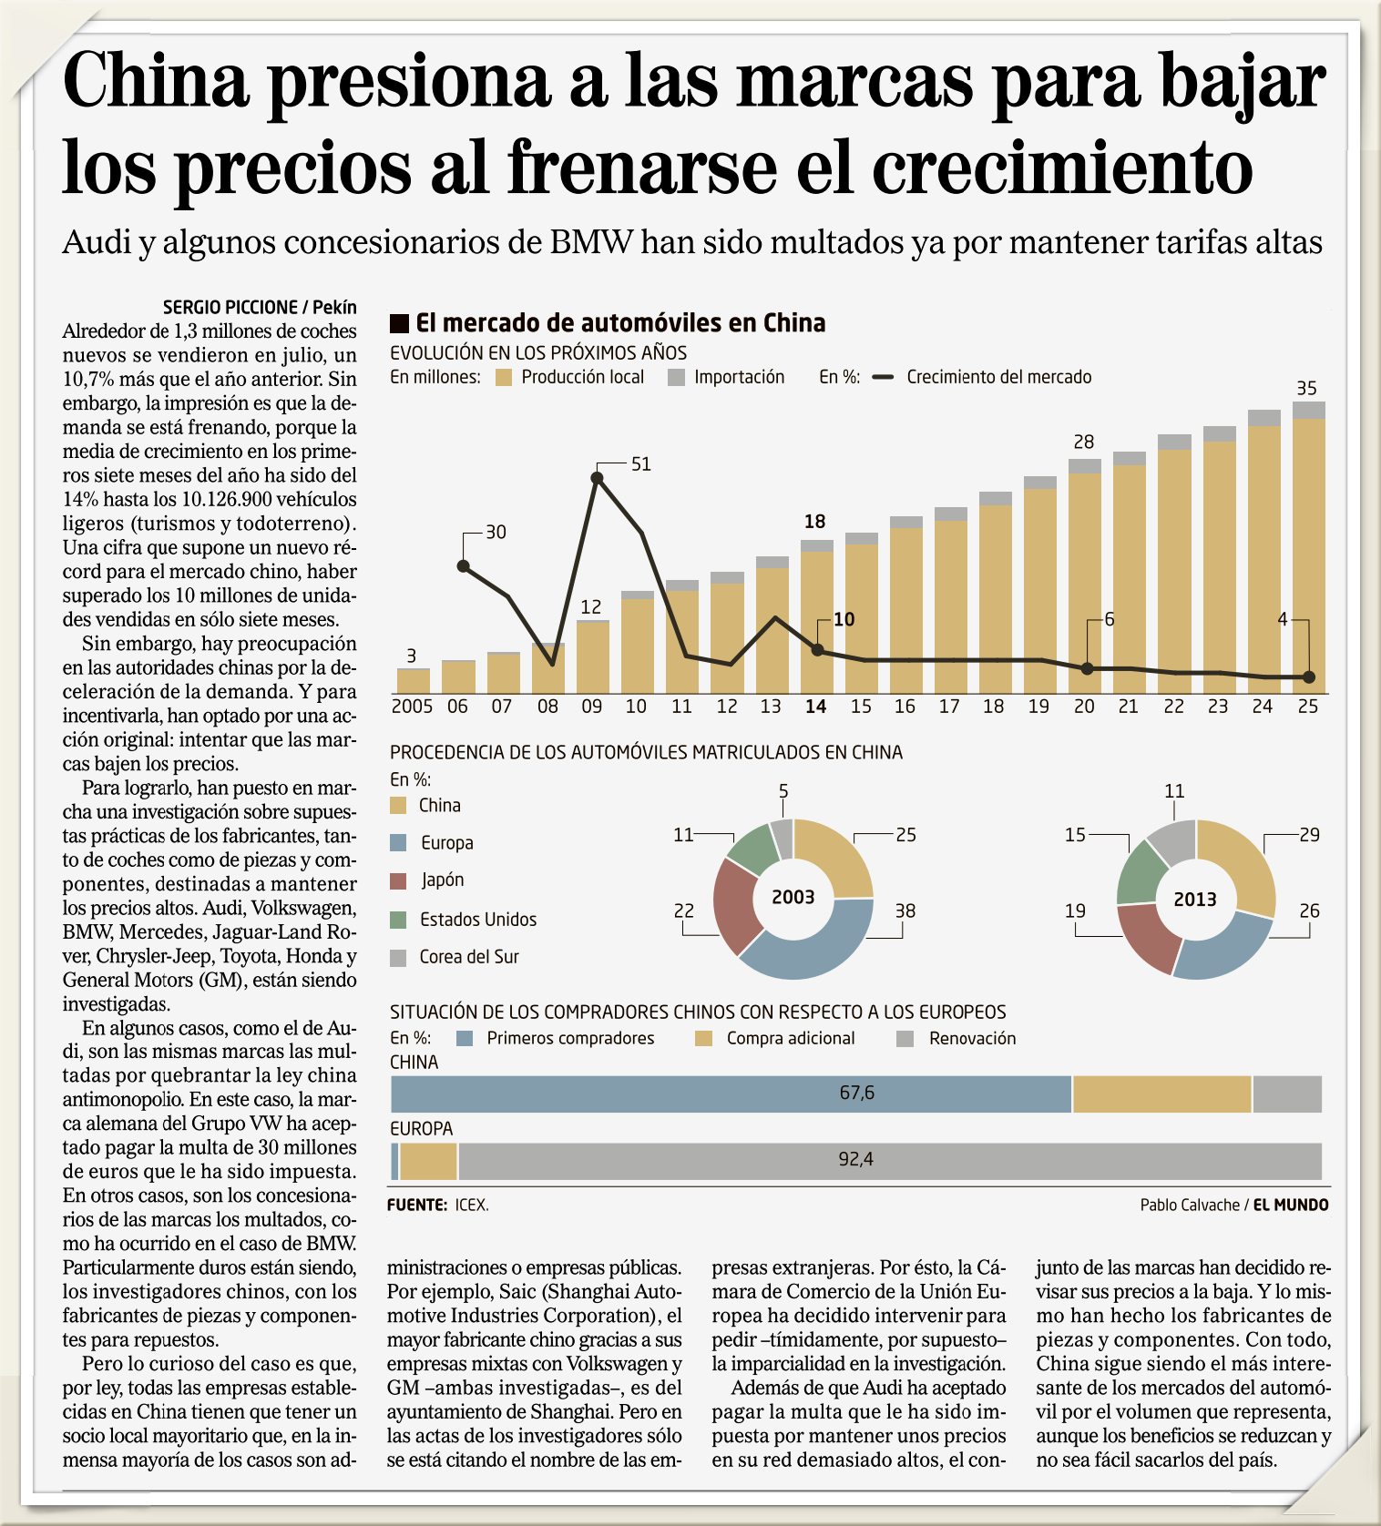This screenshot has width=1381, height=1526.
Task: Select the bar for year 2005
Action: click(x=413, y=681)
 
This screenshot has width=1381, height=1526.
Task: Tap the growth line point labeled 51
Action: click(x=598, y=477)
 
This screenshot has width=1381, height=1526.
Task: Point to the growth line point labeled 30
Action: click(x=463, y=566)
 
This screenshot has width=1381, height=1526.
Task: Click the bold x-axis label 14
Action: click(x=815, y=707)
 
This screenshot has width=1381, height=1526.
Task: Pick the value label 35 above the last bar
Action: click(x=1306, y=389)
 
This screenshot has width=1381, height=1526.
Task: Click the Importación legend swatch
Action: click(x=676, y=377)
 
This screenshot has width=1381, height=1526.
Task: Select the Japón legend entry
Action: click(x=442, y=880)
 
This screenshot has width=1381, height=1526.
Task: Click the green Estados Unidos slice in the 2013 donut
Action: click(x=1142, y=871)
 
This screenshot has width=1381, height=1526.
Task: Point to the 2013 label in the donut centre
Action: click(x=1195, y=900)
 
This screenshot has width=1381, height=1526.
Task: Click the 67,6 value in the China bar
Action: click(x=856, y=1093)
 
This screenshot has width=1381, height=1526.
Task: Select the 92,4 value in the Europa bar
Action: click(x=855, y=1159)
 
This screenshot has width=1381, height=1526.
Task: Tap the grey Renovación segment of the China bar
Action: click(x=1286, y=1094)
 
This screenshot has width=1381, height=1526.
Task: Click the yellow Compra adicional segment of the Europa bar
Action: click(x=428, y=1162)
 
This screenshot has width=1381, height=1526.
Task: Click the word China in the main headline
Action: click(x=156, y=82)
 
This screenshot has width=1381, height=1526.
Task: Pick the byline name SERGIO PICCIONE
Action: click(x=230, y=308)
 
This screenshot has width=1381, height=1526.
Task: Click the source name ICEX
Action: click(x=472, y=1206)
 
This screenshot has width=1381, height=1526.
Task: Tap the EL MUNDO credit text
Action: click(x=1291, y=1206)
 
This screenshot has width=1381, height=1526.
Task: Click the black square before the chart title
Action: click(x=399, y=323)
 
